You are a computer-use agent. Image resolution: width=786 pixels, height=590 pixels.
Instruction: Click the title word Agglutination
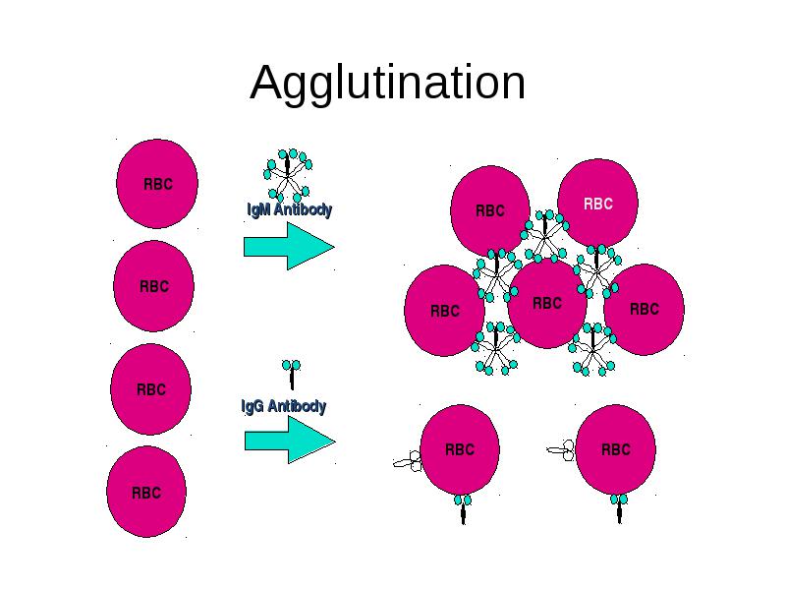click(x=387, y=83)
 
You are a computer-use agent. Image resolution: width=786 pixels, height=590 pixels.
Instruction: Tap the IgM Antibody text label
click(x=290, y=209)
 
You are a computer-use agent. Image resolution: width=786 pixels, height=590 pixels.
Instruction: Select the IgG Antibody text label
click(x=284, y=406)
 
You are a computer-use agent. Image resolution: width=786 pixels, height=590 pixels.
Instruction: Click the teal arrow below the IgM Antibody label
click(x=289, y=247)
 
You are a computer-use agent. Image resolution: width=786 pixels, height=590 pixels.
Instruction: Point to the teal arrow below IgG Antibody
click(x=290, y=440)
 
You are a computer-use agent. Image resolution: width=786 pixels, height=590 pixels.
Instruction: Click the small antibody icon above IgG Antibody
click(x=291, y=375)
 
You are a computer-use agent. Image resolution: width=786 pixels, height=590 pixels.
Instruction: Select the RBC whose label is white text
click(x=597, y=203)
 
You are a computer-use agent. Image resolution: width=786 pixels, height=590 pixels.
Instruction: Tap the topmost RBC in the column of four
click(x=157, y=184)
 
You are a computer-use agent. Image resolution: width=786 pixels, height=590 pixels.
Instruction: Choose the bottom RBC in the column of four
click(x=146, y=492)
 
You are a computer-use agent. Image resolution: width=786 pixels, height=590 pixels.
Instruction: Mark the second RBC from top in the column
click(x=154, y=286)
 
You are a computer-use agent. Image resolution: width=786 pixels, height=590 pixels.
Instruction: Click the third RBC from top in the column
click(x=151, y=388)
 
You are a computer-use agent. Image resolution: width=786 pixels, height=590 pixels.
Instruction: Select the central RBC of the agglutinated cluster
click(x=547, y=303)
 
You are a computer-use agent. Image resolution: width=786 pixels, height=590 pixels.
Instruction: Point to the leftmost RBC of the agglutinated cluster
click(x=445, y=311)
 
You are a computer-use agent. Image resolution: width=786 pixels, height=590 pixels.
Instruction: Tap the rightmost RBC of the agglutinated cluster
click(x=645, y=309)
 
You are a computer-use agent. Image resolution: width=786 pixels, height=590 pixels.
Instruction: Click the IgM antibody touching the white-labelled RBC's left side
click(x=545, y=236)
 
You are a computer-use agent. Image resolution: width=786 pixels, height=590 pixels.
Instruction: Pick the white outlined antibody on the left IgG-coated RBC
click(x=408, y=460)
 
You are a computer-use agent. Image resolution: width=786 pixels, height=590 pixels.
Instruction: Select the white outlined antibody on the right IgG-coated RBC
click(x=561, y=450)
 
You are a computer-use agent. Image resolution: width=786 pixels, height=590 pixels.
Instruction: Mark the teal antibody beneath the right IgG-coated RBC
click(x=619, y=508)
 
